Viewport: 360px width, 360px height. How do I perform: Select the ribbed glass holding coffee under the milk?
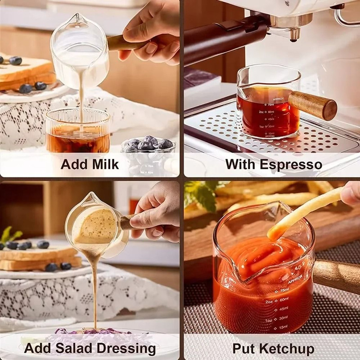pos(77,130)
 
